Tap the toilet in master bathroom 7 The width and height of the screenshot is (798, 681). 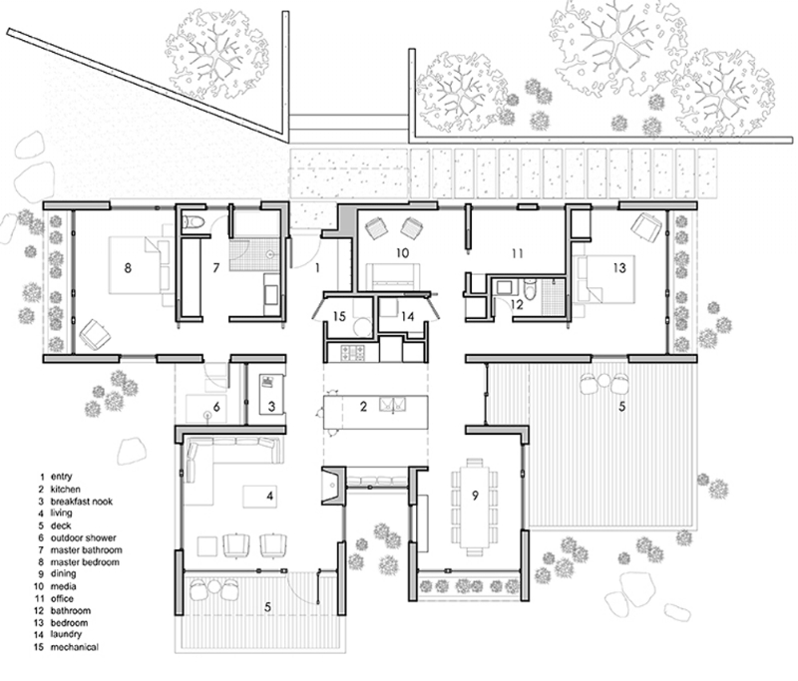(x=195, y=221)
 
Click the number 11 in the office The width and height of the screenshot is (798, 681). (x=517, y=253)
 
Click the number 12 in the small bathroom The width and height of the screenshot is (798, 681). (x=516, y=304)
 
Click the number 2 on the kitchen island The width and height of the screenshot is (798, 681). (x=363, y=406)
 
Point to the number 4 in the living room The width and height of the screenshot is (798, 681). (x=268, y=495)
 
